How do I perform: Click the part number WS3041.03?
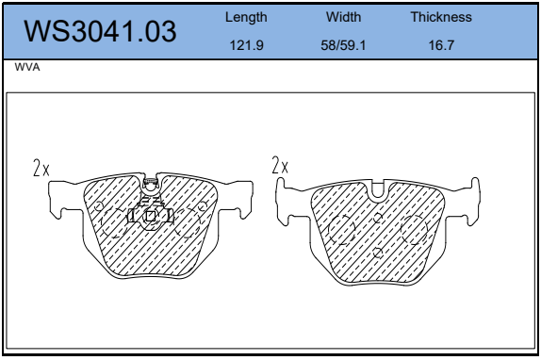pos(100,31)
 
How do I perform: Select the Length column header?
pos(246,17)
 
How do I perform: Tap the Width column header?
pos(343,17)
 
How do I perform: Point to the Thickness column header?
pos(441,17)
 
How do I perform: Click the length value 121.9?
pos(246,45)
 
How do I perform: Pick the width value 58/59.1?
pos(343,45)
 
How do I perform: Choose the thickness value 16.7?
pos(441,45)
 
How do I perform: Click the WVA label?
pos(27,67)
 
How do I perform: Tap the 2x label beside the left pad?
pos(41,168)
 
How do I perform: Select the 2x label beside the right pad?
pos(280,165)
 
